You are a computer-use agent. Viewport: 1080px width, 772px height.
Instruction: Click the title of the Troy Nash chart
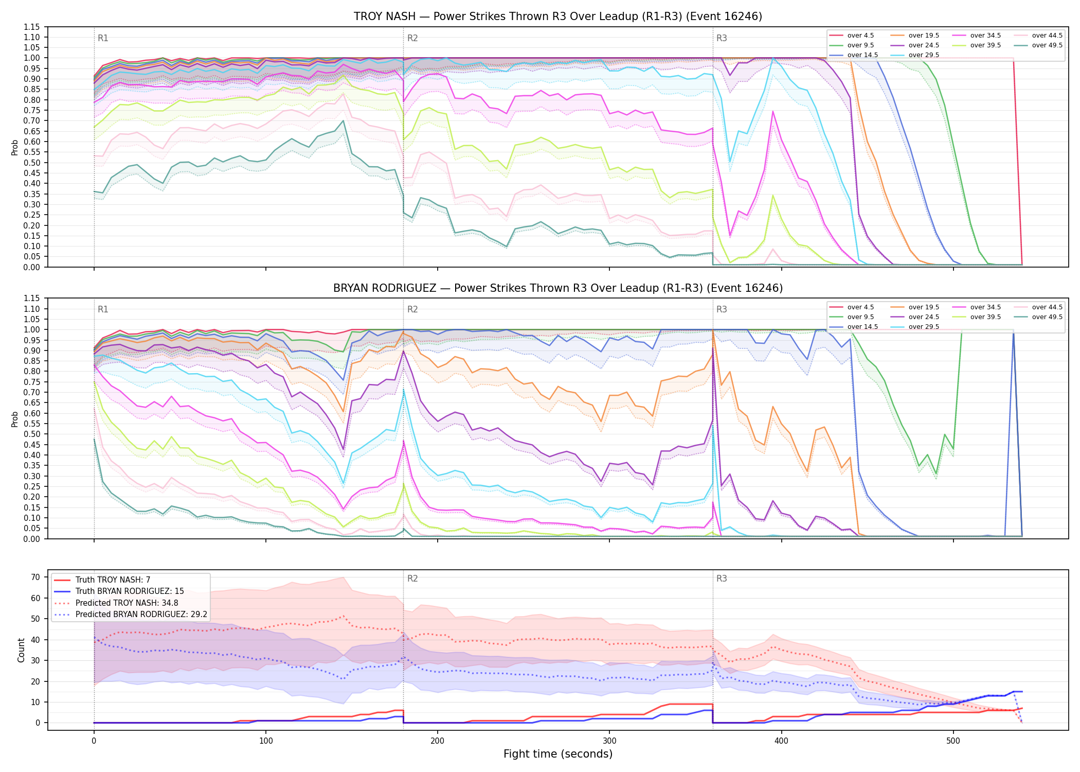click(558, 16)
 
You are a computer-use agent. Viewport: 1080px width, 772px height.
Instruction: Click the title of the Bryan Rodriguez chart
click(558, 288)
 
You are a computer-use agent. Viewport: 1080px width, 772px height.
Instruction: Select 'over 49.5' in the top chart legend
click(1047, 45)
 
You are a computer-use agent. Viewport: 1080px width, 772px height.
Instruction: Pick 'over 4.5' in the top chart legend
click(860, 36)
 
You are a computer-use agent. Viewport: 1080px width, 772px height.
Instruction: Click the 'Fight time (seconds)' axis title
click(558, 754)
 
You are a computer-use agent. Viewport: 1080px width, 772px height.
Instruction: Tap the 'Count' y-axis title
click(21, 650)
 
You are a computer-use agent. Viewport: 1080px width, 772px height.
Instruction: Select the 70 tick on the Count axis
click(35, 577)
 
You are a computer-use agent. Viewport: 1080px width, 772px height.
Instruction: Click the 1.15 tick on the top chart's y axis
click(32, 27)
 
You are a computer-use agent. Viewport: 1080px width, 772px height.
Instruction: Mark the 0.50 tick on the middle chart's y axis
click(32, 434)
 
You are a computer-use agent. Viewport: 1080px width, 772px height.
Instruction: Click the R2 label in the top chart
click(412, 38)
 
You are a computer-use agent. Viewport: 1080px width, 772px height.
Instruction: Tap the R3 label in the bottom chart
click(722, 578)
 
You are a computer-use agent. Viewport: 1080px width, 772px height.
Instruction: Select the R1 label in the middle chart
click(103, 309)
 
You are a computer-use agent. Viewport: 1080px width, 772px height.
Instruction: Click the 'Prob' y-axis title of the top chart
click(15, 147)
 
